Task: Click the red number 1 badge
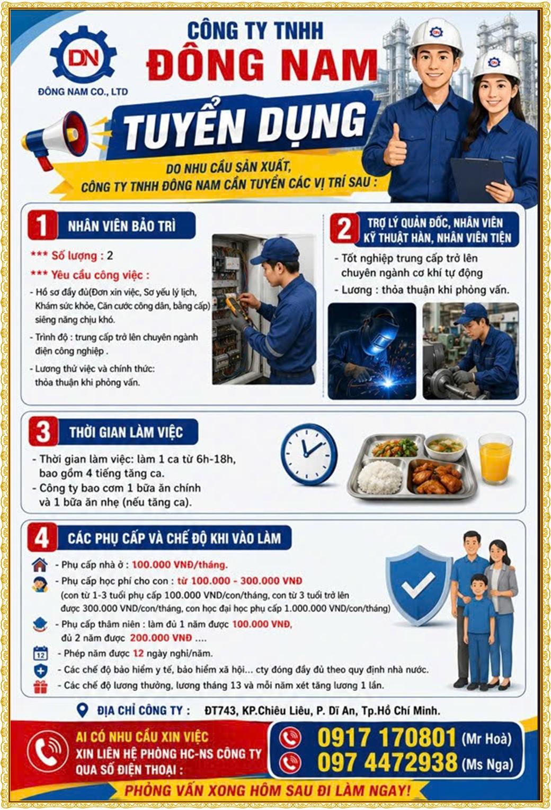pyautogui.click(x=43, y=225)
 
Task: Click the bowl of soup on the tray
pyautogui.click(x=445, y=447)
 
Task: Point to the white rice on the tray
pyautogui.click(x=380, y=479)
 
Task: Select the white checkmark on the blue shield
pyautogui.click(x=418, y=585)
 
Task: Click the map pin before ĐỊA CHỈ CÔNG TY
pyautogui.click(x=83, y=710)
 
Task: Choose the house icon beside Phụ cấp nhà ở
pyautogui.click(x=40, y=564)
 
